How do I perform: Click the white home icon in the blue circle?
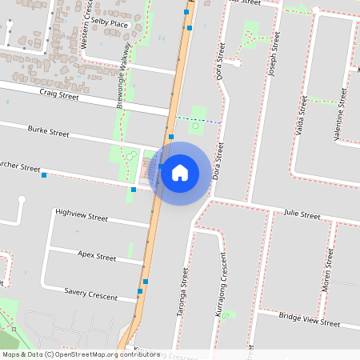click(x=180, y=172)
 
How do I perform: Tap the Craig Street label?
click(x=58, y=94)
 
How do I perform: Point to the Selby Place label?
click(x=110, y=24)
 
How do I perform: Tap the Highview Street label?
click(x=81, y=216)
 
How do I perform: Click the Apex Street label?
click(x=97, y=257)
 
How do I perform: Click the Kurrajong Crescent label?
click(x=222, y=285)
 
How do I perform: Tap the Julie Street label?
click(x=302, y=215)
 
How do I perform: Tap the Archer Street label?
click(x=20, y=169)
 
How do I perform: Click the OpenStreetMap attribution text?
click(x=81, y=354)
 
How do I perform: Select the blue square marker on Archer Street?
click(x=44, y=175)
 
